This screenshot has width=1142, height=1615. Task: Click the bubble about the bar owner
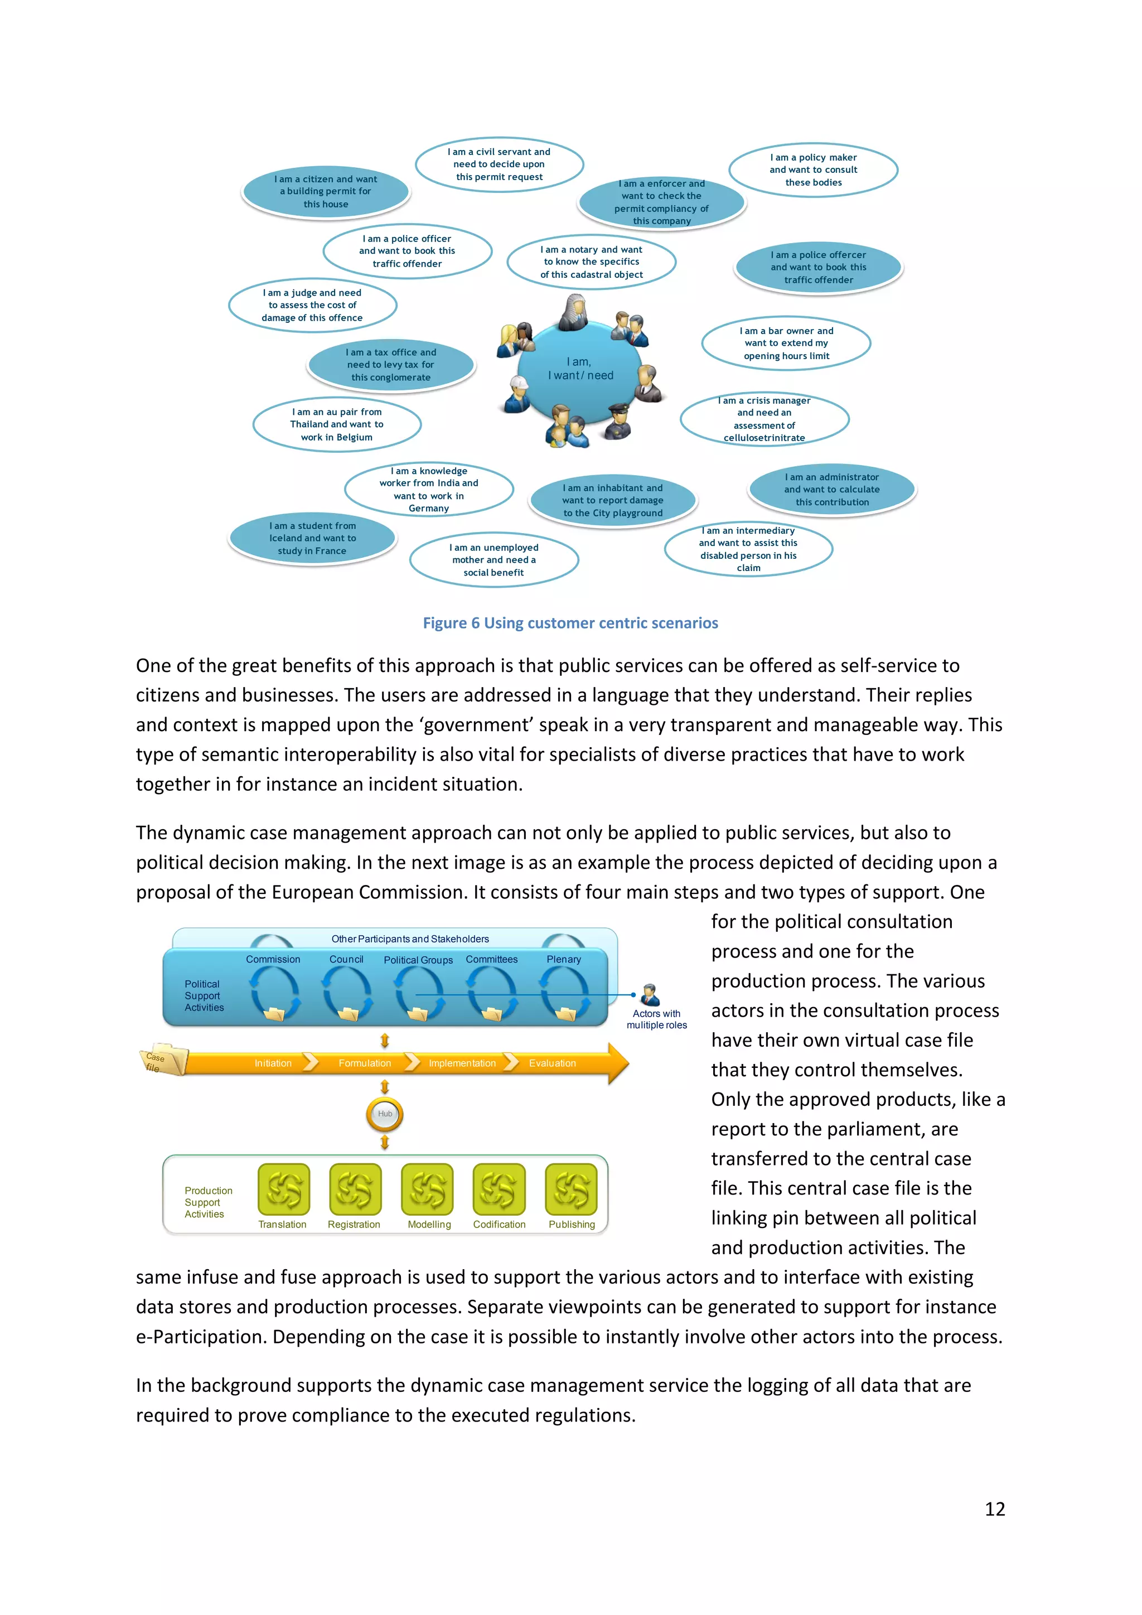786,344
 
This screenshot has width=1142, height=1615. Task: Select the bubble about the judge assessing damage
312,305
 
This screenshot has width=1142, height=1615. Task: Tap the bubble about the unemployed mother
493,560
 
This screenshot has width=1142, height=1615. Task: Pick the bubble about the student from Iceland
312,538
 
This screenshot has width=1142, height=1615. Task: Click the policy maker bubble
813,170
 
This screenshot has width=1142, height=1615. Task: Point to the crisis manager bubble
764,419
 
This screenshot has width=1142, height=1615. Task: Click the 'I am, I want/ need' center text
580,369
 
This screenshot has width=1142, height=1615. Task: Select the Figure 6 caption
570,623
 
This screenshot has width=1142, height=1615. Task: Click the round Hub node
385,1114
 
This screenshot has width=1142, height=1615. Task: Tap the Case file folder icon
163,1060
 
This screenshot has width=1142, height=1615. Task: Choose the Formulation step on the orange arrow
364,1063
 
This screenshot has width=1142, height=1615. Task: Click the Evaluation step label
552,1063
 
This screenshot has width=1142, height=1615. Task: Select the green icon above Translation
283,1189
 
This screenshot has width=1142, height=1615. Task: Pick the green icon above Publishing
571,1189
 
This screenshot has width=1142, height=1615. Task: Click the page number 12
994,1509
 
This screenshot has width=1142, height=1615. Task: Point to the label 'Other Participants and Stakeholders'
410,939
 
